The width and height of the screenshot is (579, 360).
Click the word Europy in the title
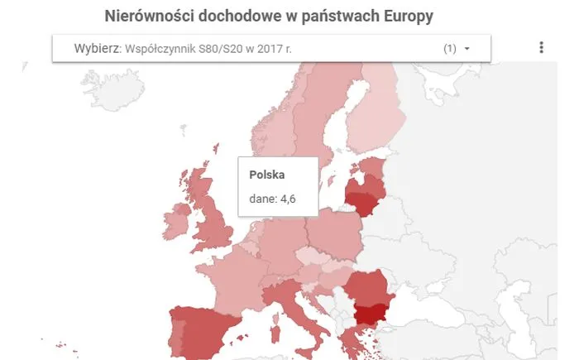(406, 16)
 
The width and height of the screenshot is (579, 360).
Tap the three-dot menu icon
(542, 48)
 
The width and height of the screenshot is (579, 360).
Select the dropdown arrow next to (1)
(467, 49)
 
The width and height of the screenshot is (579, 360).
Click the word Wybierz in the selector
(96, 49)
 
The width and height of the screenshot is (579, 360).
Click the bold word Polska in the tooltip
(267, 175)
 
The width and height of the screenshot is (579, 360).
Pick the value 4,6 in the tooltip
(284, 199)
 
